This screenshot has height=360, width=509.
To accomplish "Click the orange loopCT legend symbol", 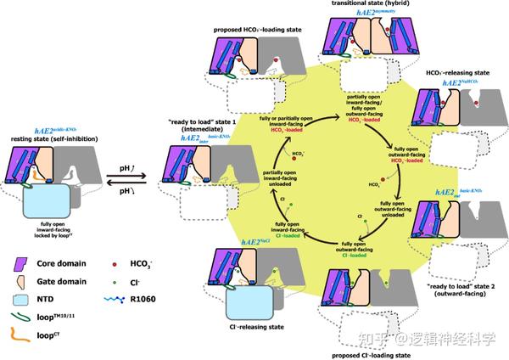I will point(20,327).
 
